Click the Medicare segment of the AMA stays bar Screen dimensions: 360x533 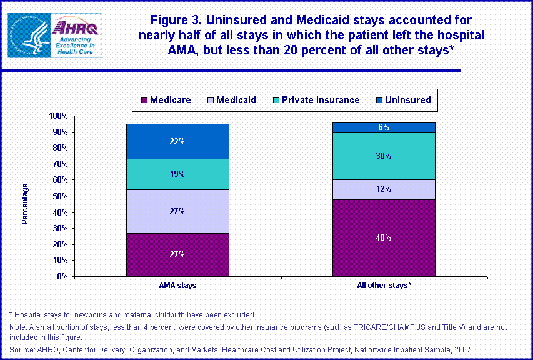(x=177, y=254)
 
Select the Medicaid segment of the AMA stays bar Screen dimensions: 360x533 (x=177, y=211)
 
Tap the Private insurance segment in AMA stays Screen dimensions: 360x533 (x=177, y=174)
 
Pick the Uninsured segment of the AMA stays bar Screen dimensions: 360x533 (x=177, y=141)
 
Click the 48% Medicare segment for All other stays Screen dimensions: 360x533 (x=383, y=237)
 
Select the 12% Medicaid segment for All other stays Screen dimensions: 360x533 (x=383, y=189)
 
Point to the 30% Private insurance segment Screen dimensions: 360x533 (x=383, y=156)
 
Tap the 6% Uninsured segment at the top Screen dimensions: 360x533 (x=383, y=127)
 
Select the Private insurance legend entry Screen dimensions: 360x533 (x=314, y=100)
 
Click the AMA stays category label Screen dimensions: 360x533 (x=177, y=286)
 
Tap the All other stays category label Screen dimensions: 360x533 (x=383, y=286)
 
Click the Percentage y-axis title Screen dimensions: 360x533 (x=25, y=204)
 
